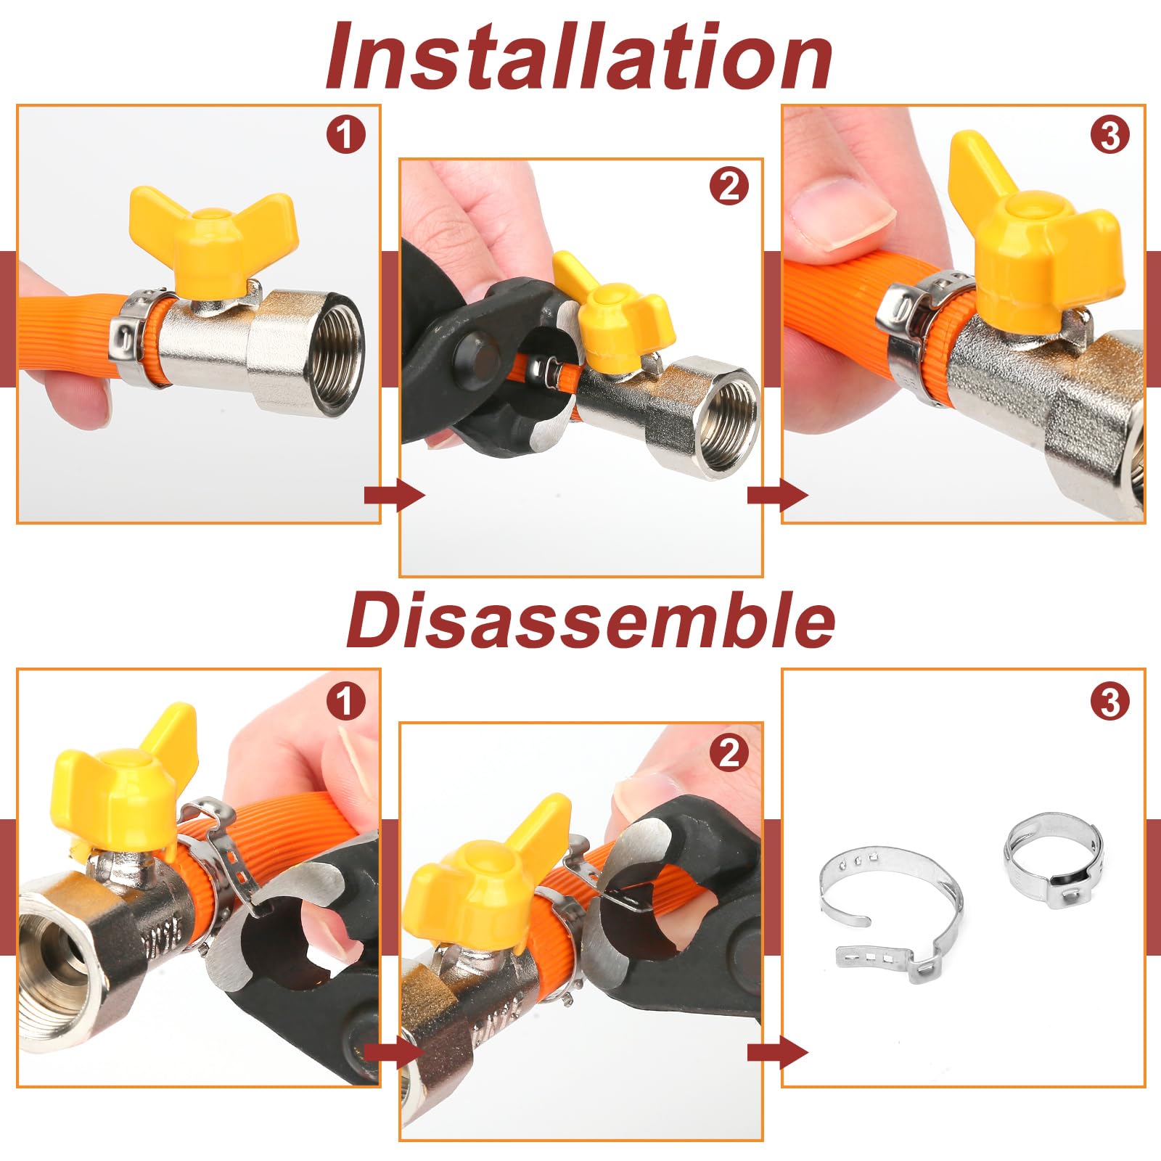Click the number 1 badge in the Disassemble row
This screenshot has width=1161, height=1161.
(x=345, y=702)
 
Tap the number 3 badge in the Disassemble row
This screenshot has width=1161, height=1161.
(x=1109, y=702)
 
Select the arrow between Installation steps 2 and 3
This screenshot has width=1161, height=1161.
(x=777, y=496)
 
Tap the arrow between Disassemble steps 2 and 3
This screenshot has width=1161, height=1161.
(x=777, y=1051)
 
